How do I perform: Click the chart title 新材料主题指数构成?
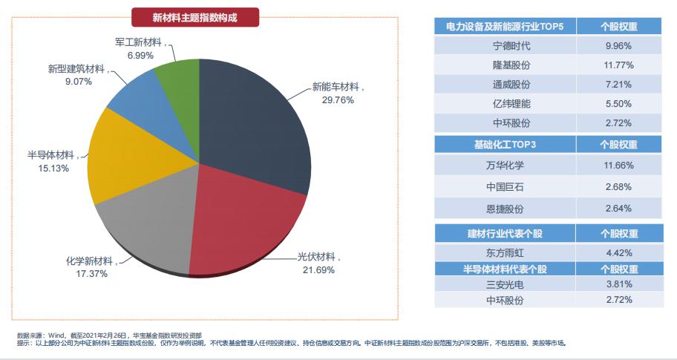pyautogui.click(x=195, y=16)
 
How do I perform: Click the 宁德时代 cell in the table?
pyautogui.click(x=511, y=46)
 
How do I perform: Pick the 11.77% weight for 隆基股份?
pyautogui.click(x=618, y=65)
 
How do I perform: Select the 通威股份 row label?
pyautogui.click(x=511, y=85)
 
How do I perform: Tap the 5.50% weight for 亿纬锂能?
pyautogui.click(x=618, y=104)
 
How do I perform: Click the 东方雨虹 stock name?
pyautogui.click(x=511, y=252)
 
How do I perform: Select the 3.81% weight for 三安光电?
pyautogui.click(x=618, y=283)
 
